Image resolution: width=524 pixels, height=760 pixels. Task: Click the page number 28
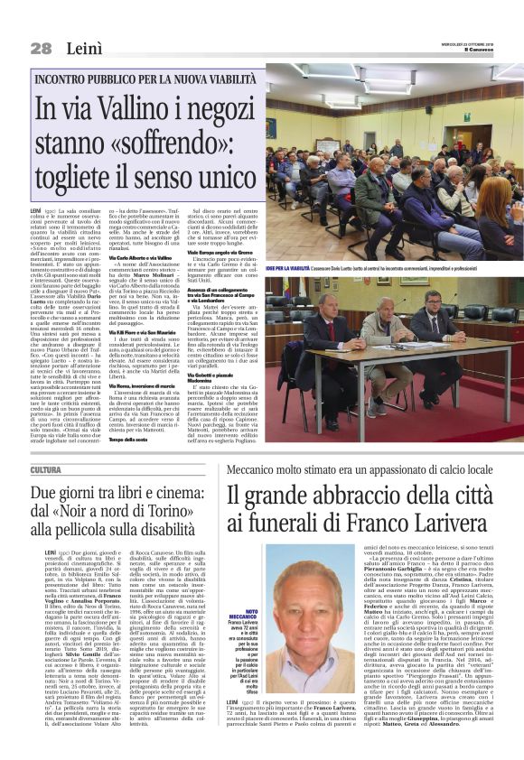click(x=41, y=47)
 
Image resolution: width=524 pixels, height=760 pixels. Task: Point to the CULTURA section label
click(x=46, y=470)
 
